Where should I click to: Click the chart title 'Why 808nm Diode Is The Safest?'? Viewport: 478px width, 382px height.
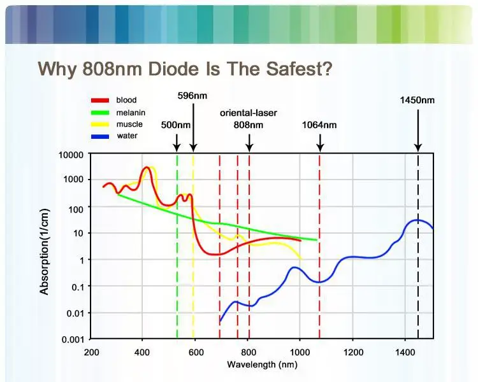point(185,68)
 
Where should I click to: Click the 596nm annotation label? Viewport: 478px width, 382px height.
point(192,95)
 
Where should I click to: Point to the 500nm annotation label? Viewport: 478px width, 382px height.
point(175,125)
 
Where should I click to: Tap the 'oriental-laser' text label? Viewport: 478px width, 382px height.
point(248,113)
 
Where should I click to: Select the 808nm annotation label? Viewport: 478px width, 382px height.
point(248,125)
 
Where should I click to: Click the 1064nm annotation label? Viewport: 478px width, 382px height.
point(319,125)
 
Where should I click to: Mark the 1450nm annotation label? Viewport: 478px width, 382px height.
point(417,100)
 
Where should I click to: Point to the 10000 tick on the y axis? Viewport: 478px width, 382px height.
point(71,155)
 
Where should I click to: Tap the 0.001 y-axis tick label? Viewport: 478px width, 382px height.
point(73,339)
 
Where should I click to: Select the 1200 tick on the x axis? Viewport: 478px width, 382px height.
point(352,352)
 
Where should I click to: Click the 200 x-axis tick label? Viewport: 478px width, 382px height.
point(91,352)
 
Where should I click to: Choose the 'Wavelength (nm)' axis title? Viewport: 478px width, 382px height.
point(262,365)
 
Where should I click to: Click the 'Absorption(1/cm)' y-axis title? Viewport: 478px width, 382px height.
point(45,251)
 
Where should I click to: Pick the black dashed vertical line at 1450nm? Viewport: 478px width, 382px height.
point(418,286)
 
